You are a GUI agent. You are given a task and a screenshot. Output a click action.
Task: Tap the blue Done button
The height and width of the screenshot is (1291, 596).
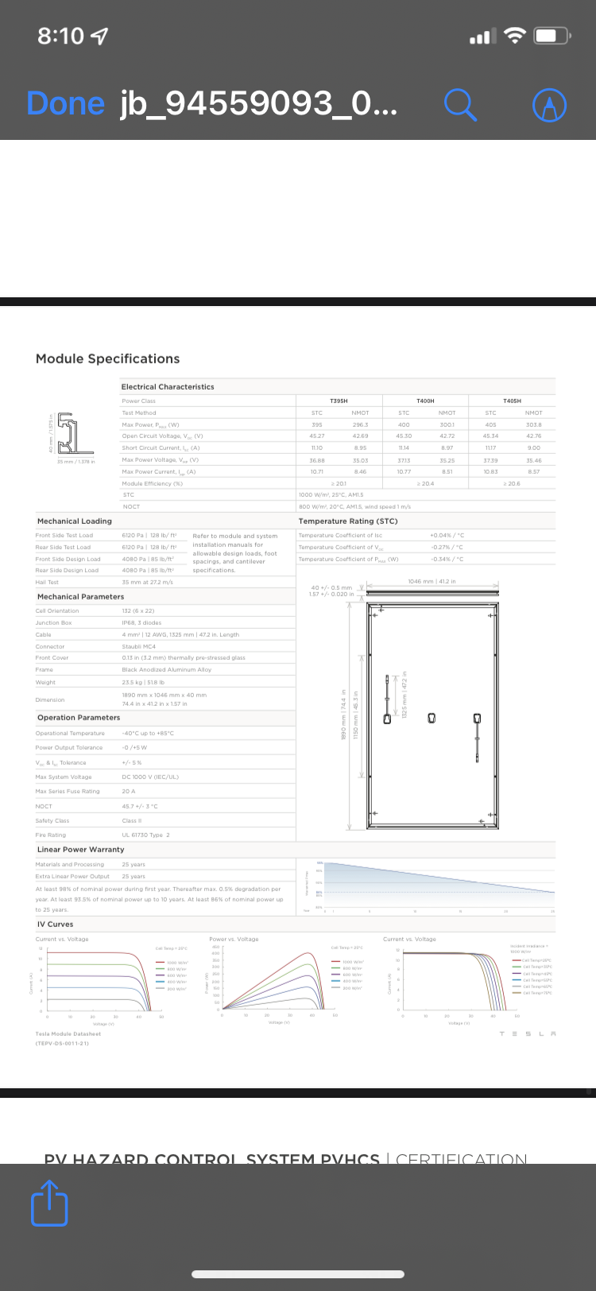[x=65, y=103]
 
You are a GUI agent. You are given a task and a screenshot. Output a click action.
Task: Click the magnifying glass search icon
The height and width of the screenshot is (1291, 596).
[x=460, y=104]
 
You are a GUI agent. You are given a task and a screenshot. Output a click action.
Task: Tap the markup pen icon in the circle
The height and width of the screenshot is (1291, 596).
[x=549, y=104]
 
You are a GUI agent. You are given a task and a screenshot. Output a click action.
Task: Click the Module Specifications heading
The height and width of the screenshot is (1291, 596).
[x=107, y=359]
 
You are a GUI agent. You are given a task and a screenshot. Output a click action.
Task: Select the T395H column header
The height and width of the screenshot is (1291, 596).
[x=339, y=401]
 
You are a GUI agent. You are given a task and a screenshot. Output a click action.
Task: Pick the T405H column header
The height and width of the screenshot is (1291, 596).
[x=512, y=401]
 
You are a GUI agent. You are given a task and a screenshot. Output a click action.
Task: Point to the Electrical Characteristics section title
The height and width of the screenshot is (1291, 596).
[x=168, y=387]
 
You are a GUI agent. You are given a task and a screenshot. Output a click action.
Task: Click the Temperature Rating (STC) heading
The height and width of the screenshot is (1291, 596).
[x=347, y=521]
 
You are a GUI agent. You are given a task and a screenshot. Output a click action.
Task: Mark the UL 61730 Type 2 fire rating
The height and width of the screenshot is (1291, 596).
[x=145, y=835]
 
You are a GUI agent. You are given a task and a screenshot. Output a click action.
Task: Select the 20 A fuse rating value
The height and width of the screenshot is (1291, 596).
[x=129, y=791]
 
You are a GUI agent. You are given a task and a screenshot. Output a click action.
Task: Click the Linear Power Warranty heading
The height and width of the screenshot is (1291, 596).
[x=80, y=849]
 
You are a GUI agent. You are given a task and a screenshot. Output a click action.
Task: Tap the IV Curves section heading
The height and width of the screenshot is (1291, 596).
[x=55, y=925]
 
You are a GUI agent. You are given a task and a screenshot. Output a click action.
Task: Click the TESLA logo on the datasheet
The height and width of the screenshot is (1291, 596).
[x=528, y=1033]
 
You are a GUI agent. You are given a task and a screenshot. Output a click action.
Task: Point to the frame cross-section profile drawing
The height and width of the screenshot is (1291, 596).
[x=66, y=433]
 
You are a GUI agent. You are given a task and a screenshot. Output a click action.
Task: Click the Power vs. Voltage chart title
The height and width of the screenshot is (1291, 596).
[x=234, y=939]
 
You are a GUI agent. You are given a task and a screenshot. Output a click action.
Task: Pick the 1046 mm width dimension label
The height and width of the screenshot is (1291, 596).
[x=432, y=582]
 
